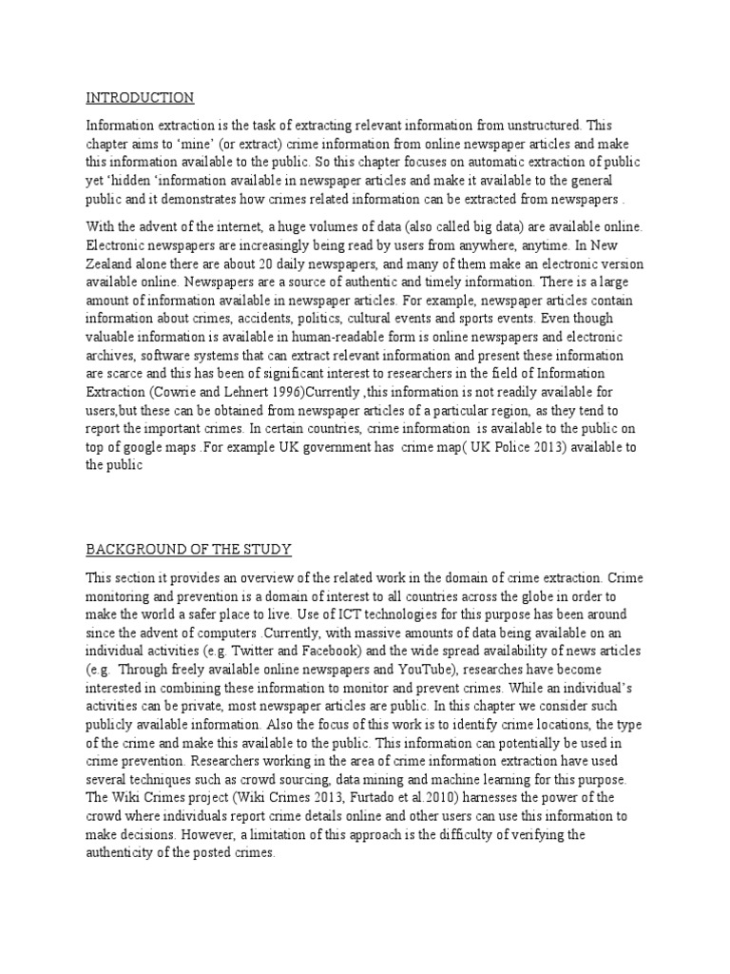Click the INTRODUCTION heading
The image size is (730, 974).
tap(140, 97)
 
